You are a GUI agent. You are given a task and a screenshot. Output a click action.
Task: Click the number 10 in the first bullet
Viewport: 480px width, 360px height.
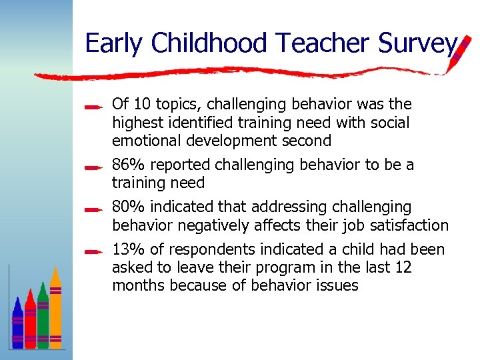pos(141,105)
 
